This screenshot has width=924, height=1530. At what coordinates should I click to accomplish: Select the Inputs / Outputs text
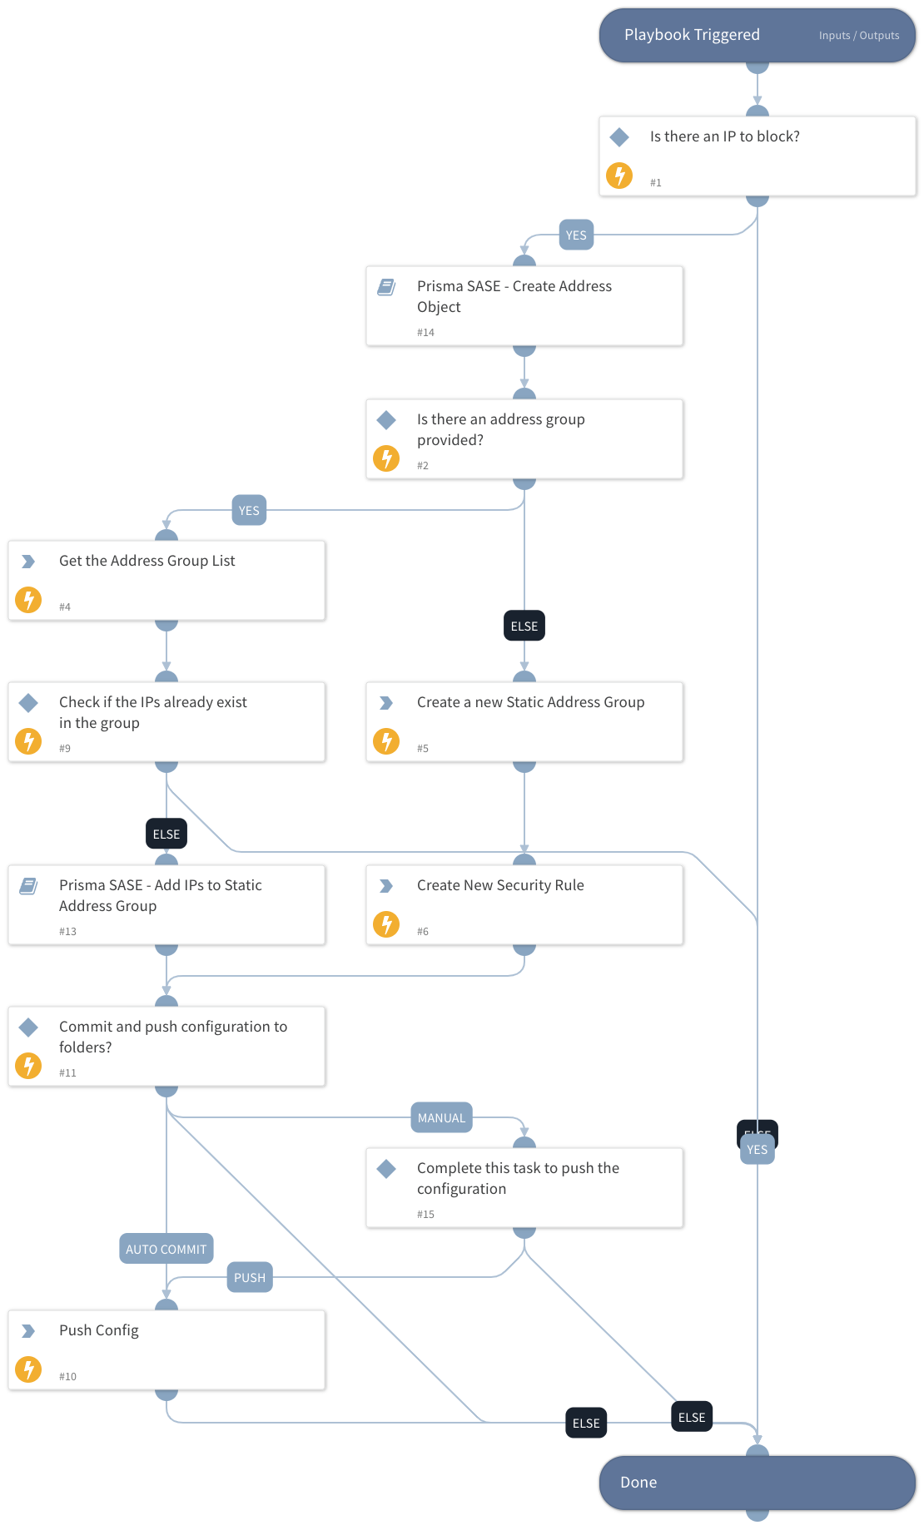858,36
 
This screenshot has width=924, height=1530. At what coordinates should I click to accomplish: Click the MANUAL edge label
441,1118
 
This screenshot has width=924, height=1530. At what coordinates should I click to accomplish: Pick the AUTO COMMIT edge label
166,1250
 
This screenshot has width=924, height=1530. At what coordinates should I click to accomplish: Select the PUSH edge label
250,1278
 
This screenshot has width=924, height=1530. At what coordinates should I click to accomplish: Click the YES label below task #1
576,235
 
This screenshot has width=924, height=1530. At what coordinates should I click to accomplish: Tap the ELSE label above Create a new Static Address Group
524,626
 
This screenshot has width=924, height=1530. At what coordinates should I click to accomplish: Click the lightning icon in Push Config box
28,1369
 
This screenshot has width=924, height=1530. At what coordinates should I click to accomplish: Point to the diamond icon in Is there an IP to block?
619,136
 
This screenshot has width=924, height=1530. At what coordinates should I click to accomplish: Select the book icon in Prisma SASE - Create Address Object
386,287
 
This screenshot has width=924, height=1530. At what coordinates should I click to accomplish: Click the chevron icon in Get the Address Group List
28,562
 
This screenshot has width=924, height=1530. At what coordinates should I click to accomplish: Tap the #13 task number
67,932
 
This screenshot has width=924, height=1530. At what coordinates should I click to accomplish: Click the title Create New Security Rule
500,885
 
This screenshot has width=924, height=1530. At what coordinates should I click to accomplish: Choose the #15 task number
425,1215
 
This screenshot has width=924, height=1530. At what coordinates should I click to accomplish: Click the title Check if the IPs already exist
153,702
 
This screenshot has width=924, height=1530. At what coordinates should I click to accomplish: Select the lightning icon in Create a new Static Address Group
386,740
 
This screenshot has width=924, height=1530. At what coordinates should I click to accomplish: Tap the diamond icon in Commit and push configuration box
28,1027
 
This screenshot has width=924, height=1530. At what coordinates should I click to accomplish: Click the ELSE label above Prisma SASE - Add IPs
166,834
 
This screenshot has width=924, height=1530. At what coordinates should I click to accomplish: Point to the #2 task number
423,466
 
